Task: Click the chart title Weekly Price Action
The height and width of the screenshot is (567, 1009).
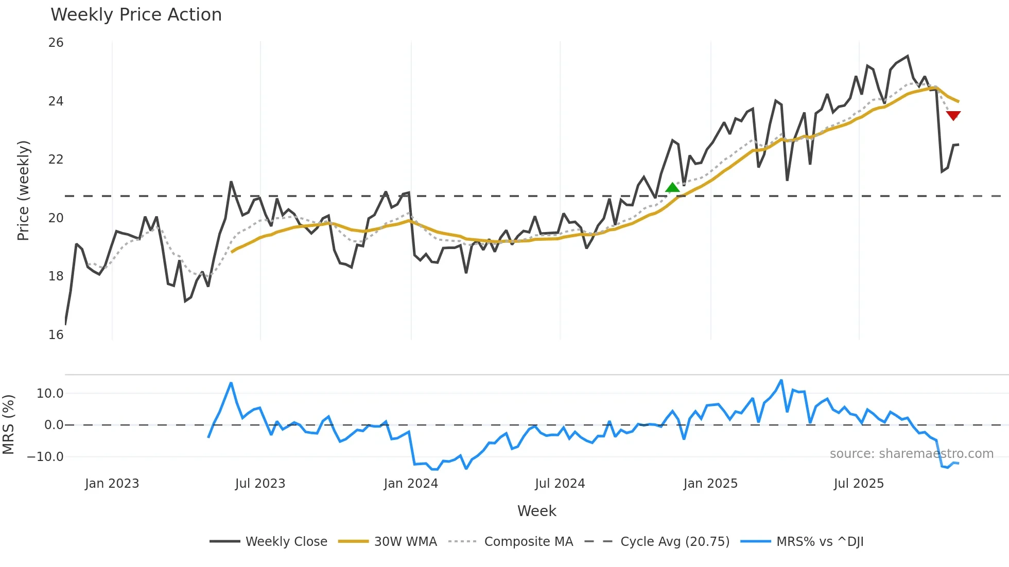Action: (136, 15)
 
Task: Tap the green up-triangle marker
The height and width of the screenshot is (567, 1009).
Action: (672, 188)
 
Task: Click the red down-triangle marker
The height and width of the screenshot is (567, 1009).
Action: (953, 115)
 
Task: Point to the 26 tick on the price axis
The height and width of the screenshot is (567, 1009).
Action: (56, 43)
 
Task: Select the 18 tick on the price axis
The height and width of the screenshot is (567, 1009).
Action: (56, 276)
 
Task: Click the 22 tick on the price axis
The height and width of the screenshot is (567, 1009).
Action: (56, 160)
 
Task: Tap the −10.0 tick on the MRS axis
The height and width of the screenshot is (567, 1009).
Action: (45, 457)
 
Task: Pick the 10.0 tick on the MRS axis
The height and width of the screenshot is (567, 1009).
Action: (50, 394)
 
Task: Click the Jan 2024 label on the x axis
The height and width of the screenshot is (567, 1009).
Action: (411, 484)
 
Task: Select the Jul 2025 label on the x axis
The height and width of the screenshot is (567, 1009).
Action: (859, 484)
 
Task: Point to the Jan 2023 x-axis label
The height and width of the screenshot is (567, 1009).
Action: (112, 484)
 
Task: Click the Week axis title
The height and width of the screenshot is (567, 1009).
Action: (536, 511)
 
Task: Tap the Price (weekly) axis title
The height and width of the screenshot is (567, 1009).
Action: (23, 190)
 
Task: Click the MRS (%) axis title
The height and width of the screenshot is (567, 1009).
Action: (8, 424)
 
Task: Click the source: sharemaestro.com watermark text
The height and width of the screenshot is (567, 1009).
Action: (911, 454)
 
